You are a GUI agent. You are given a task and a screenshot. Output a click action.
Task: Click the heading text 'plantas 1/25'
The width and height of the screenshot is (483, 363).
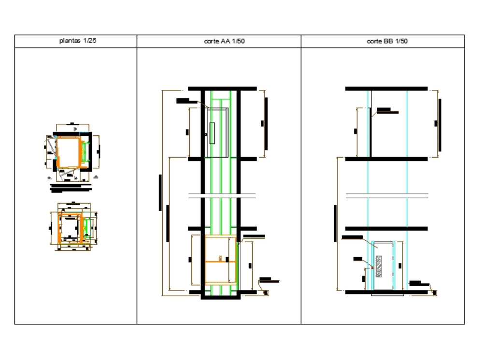pos(77,41)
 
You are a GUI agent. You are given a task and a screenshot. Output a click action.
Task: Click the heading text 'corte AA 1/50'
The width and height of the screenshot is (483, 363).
pos(225,42)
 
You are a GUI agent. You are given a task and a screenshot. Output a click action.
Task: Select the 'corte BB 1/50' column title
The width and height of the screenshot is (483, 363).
pos(387,42)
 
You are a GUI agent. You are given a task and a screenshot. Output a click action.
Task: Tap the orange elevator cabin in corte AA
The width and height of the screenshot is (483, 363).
pos(220,260)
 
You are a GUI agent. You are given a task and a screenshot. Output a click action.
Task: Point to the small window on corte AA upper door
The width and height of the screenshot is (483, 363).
pos(212,133)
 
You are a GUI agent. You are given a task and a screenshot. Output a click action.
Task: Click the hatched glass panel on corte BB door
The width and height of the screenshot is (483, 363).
pos(378,266)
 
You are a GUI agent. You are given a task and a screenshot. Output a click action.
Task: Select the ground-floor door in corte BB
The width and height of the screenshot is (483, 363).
pos(384,265)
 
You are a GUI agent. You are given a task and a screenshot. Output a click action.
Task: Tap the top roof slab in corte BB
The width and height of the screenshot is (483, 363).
pos(386,88)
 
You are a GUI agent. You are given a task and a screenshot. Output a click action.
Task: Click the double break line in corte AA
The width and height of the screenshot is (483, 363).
pos(222,195)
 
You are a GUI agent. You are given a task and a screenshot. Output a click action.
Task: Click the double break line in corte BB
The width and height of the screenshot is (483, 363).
pos(386,195)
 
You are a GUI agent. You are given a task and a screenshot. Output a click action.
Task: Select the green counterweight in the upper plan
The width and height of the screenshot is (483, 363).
pos(85,151)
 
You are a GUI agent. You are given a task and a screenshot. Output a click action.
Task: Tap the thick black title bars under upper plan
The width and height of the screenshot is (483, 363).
pos(71,187)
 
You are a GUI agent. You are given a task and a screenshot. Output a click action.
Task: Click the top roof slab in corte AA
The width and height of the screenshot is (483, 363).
pos(222,88)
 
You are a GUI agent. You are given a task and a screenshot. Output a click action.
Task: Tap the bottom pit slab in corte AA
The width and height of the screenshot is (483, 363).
pos(220,296)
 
